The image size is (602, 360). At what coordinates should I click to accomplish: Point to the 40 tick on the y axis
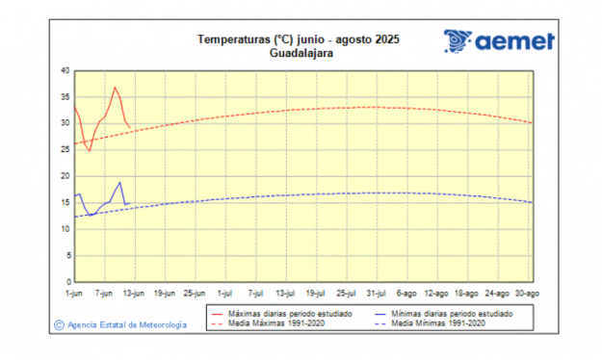[65, 70]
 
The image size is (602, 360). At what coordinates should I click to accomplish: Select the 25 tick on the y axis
[65, 149]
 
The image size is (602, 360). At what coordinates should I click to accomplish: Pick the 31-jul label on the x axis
[377, 292]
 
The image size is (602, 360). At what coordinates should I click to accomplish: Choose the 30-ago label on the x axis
[527, 292]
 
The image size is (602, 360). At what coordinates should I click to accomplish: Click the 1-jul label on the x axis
[225, 292]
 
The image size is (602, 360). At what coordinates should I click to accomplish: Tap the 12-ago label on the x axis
[436, 292]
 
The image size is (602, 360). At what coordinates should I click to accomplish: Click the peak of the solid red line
[115, 88]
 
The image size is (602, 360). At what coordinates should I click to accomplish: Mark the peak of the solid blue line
[119, 182]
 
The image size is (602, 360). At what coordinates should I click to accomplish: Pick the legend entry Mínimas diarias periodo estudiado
[452, 314]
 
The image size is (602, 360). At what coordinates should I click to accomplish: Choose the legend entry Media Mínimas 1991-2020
[437, 323]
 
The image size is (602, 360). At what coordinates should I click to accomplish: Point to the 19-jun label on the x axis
[166, 292]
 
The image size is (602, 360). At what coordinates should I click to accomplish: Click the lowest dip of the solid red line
[90, 150]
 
